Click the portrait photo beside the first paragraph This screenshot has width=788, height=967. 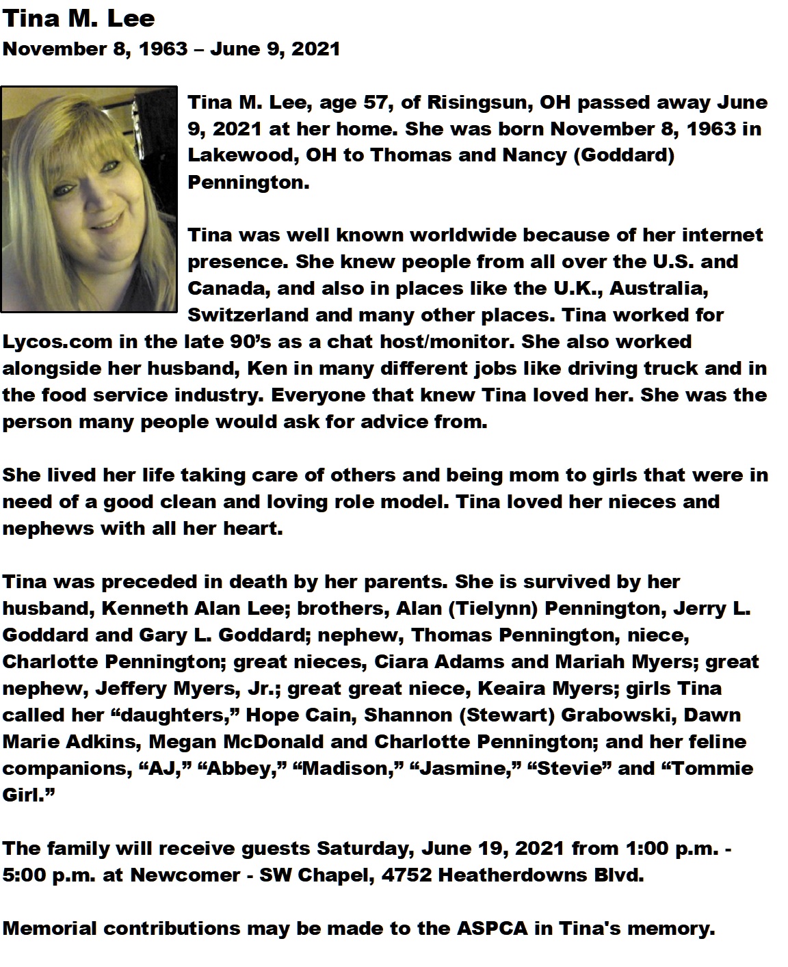point(89,199)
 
